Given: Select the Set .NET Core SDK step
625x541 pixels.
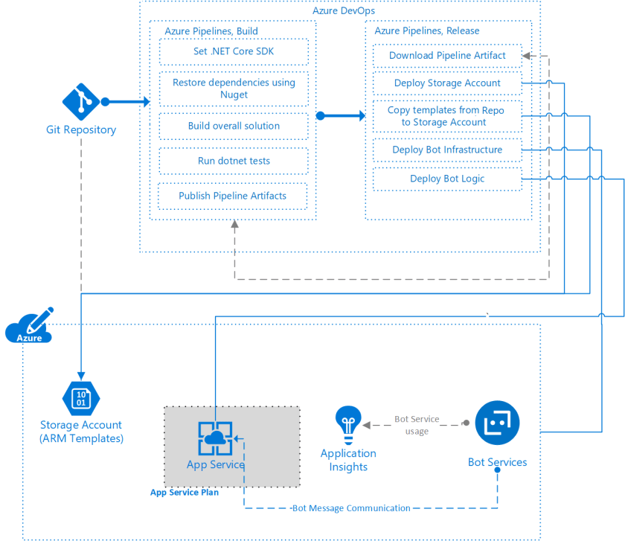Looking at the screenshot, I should click(x=234, y=52).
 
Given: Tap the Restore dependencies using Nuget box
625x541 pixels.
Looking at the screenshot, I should click(x=234, y=89).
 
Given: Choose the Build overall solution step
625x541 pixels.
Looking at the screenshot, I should click(x=234, y=126).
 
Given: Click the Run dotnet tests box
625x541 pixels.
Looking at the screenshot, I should click(x=234, y=161).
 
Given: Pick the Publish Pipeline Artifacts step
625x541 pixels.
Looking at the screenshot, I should click(x=232, y=196).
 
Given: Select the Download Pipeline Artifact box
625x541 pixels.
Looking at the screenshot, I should click(x=446, y=56).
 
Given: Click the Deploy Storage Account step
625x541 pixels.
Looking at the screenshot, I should click(x=446, y=83).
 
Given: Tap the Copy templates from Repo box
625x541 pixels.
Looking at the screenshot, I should click(x=445, y=116).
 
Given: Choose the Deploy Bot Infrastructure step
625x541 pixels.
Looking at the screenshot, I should click(x=446, y=150).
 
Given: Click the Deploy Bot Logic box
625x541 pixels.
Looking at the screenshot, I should click(x=446, y=179).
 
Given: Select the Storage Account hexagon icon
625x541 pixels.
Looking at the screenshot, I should click(x=81, y=397).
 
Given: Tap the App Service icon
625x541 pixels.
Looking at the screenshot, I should click(x=215, y=438).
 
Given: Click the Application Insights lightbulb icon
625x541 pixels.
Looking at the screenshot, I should click(x=347, y=425).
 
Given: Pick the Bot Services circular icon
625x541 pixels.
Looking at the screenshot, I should click(x=497, y=423).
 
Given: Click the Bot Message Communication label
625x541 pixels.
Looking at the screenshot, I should click(x=350, y=508).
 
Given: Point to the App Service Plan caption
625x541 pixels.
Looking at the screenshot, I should click(x=185, y=493).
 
